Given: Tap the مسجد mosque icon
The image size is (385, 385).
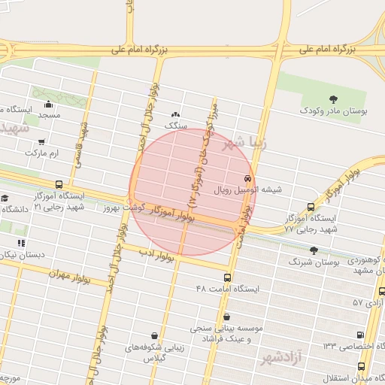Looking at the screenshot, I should (50, 104).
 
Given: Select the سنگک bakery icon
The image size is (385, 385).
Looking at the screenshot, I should (175, 114).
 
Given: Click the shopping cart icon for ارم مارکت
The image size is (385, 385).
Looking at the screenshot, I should (41, 141).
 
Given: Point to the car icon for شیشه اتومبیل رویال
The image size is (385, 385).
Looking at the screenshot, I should (247, 178).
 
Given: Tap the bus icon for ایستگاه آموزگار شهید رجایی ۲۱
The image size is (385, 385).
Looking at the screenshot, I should (59, 184).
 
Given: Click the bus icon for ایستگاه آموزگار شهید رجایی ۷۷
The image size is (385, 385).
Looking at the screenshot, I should (312, 206).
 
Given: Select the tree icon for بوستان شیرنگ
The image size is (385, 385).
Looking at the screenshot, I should (314, 250).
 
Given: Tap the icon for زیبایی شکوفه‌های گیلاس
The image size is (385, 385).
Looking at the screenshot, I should (154, 335).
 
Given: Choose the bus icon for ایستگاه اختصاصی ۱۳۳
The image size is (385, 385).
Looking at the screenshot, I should (359, 335).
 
